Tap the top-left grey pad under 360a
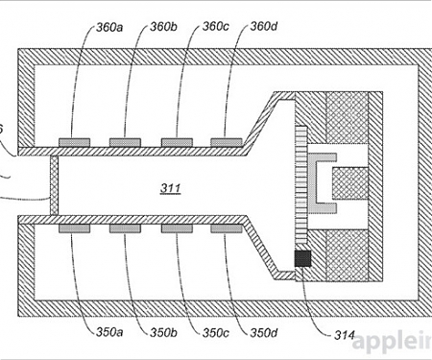(74, 142)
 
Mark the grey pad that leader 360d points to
(228, 142)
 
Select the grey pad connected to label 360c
(177, 142)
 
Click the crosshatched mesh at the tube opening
(55, 186)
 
